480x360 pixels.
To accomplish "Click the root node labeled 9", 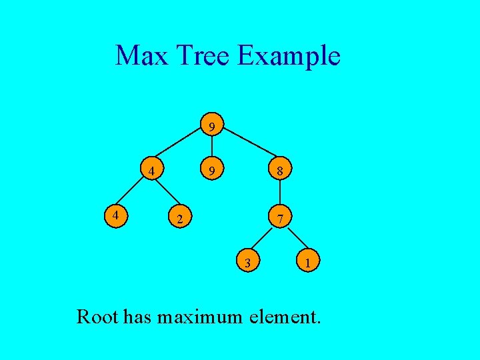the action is [211, 126].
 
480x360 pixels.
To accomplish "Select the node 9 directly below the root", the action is [211, 171].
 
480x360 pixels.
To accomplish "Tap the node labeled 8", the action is [281, 171].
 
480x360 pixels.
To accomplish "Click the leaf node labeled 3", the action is [247, 263].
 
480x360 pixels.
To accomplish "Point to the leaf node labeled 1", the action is [307, 263].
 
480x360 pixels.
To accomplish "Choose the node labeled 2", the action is [178, 217].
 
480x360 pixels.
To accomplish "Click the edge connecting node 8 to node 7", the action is [281, 194].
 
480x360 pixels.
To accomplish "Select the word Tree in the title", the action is [203, 55].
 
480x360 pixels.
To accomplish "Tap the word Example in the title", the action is [288, 57].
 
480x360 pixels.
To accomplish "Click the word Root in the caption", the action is [98, 315].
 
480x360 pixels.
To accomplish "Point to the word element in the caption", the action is [285, 315].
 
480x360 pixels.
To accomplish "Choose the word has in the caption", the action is [138, 315].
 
